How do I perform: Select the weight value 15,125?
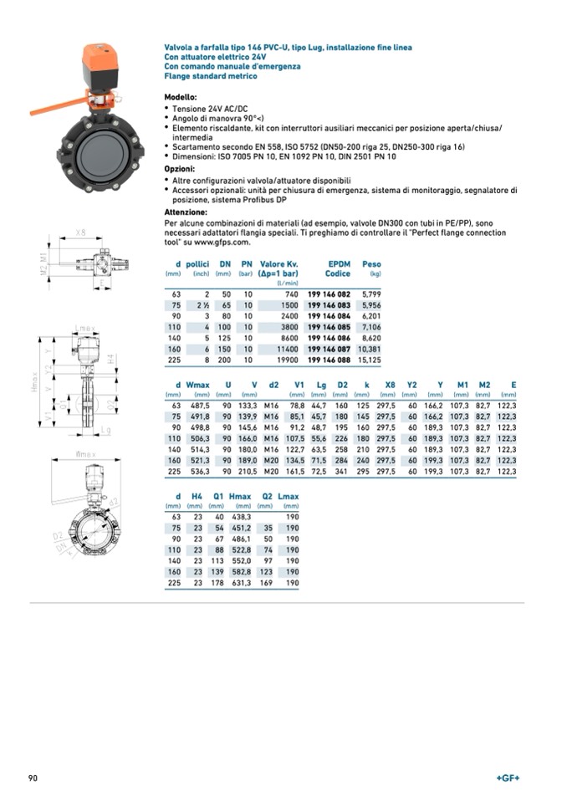point(369,360)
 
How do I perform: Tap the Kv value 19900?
point(286,360)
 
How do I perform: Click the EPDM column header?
point(339,264)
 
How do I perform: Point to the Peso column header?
point(371,264)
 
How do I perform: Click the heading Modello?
point(181,98)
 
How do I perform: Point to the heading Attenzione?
point(186,212)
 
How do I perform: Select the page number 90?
point(33,779)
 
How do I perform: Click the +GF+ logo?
point(508,779)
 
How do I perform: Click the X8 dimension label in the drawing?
point(81,232)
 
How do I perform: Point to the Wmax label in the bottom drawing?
point(86,454)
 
